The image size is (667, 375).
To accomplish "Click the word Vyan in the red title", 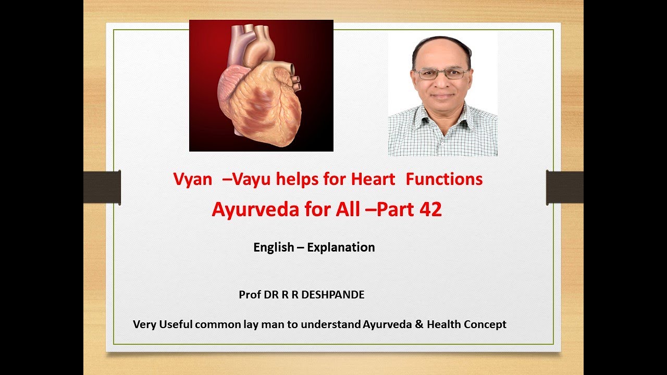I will click(x=193, y=180).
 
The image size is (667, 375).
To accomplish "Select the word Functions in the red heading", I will click(x=444, y=180).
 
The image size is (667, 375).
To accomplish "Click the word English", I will click(x=274, y=247).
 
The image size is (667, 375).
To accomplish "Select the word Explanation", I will click(x=341, y=247).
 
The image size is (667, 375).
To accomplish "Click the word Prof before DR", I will click(x=249, y=295).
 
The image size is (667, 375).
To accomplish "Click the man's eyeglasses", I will click(x=440, y=74).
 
